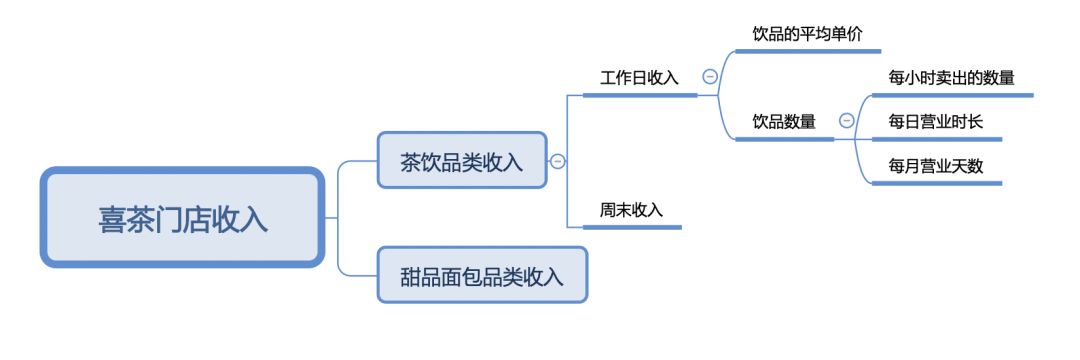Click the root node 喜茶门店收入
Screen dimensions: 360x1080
182,218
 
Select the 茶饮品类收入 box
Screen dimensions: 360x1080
462,160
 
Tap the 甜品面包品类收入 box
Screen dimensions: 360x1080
482,275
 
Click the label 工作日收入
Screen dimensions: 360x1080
639,77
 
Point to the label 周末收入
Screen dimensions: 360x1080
631,210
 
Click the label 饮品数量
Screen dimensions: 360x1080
784,121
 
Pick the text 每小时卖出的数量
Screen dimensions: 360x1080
951,77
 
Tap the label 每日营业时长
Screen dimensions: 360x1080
935,121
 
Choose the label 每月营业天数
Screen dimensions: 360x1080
935,166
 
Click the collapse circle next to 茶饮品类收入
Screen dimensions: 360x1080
558,160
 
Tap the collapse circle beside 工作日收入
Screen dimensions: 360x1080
710,77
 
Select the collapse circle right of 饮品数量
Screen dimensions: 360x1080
846,121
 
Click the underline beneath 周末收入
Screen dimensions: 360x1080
631,228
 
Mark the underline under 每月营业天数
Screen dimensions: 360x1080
936,184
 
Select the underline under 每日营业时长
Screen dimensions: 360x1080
936,140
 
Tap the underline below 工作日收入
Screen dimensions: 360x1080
640,96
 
